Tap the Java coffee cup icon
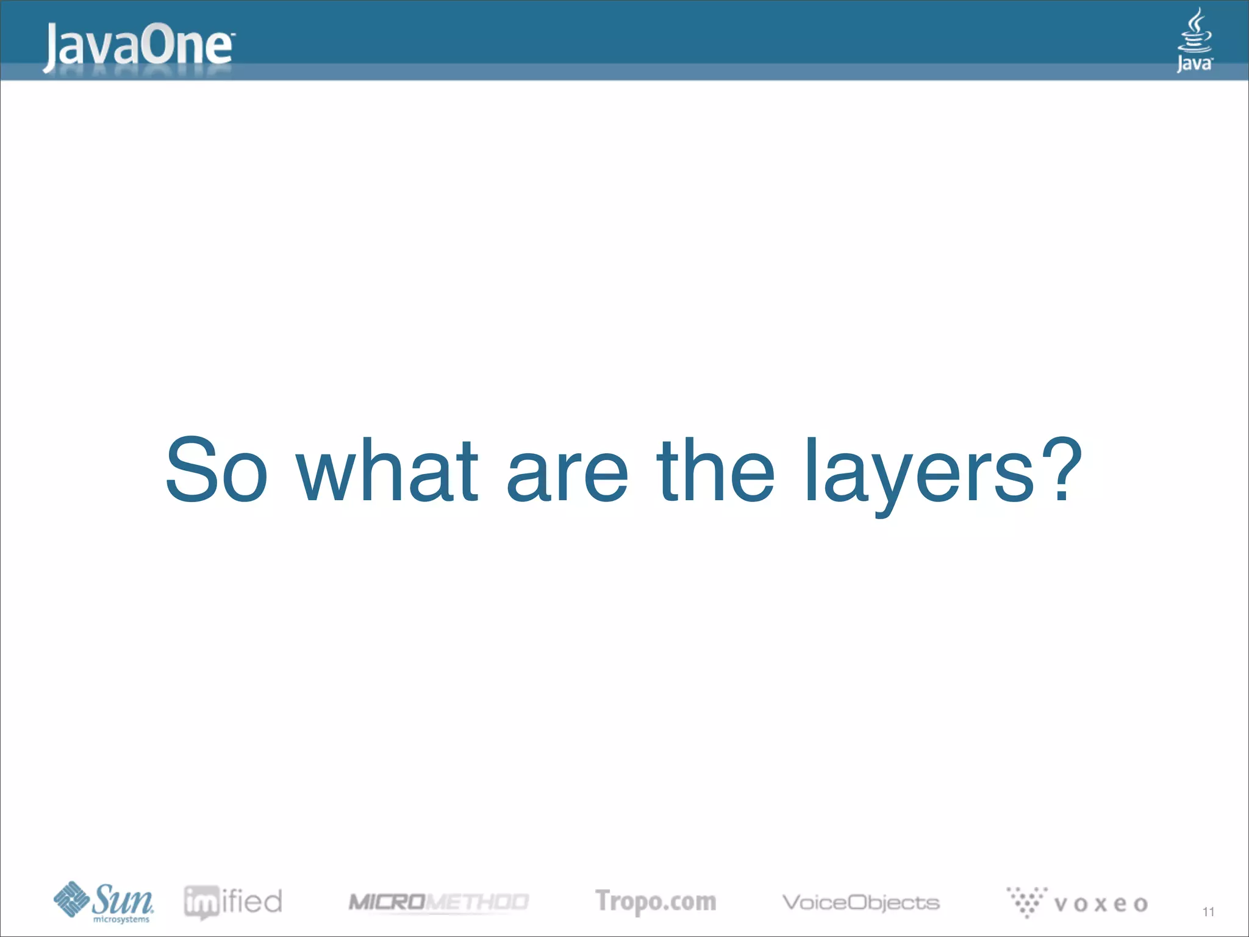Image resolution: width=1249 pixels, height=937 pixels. (x=1194, y=31)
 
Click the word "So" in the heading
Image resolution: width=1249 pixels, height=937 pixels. (x=217, y=470)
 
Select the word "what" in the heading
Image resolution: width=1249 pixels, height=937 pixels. (x=387, y=470)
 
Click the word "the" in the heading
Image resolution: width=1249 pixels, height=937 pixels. (x=715, y=470)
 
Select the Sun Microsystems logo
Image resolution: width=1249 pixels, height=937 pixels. (x=104, y=902)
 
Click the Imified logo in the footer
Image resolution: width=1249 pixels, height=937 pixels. (x=233, y=902)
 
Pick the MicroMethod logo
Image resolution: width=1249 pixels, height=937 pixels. (x=438, y=902)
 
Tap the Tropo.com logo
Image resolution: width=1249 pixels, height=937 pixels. (x=656, y=902)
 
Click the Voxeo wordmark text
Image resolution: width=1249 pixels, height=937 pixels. (x=1101, y=903)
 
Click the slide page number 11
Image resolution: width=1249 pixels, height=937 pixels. (x=1208, y=912)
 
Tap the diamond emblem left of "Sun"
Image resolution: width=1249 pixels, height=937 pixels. (x=71, y=899)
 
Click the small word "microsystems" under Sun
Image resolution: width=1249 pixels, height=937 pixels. (x=121, y=919)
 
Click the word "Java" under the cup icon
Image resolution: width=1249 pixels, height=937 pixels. (x=1194, y=63)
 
